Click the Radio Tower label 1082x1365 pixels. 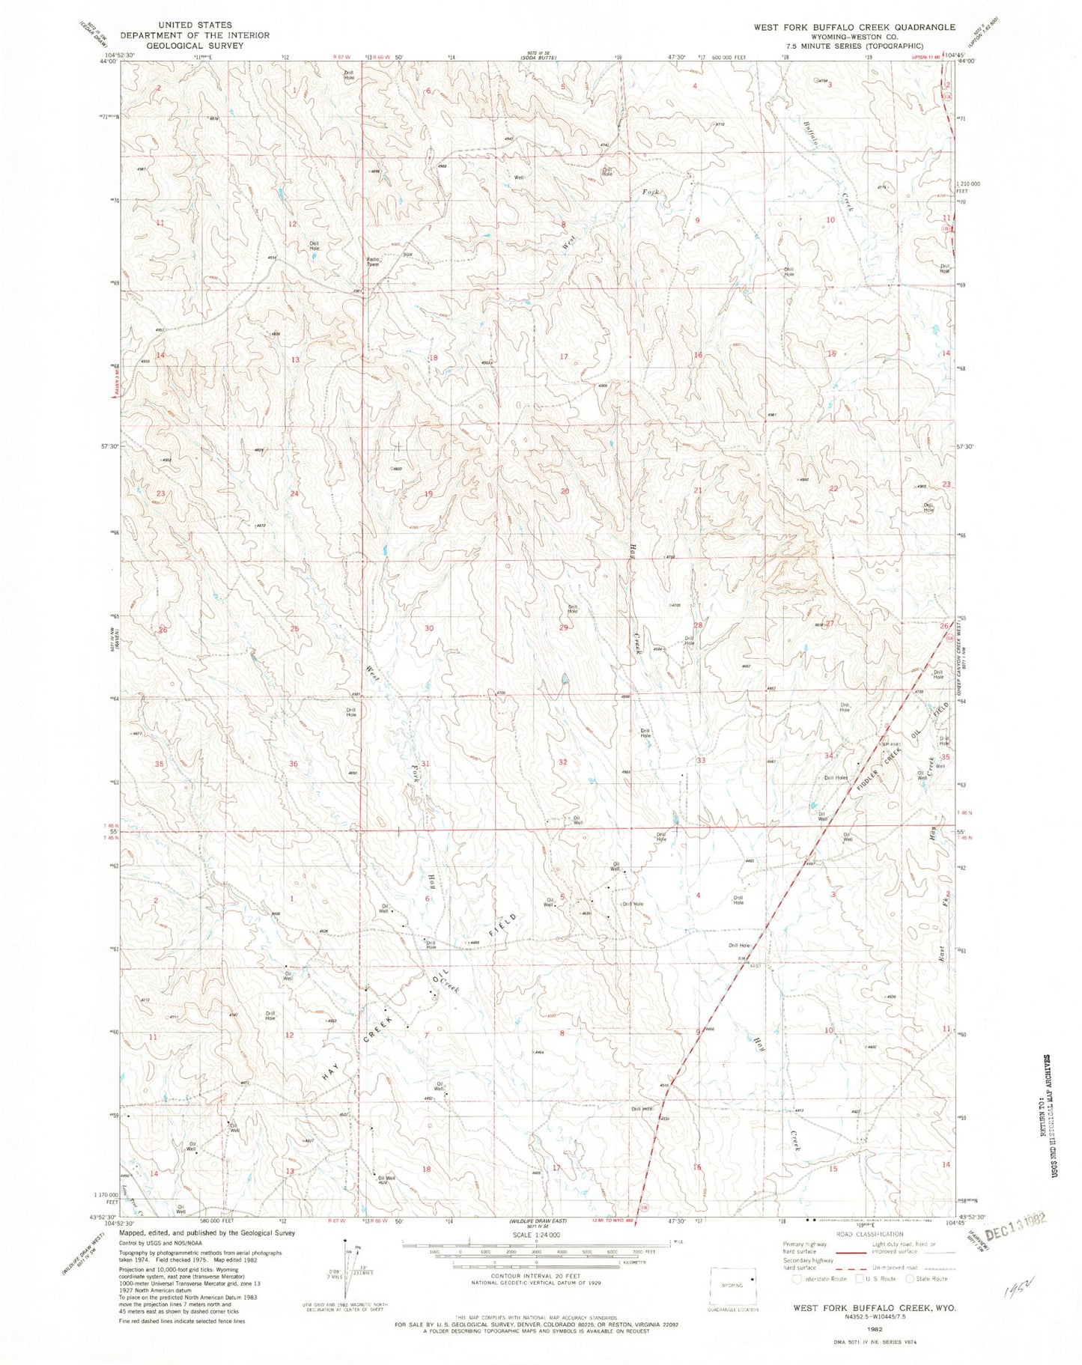click(x=372, y=261)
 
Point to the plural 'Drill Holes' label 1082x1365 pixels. click(x=836, y=777)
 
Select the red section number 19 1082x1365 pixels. click(x=428, y=493)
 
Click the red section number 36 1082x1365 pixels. click(x=294, y=764)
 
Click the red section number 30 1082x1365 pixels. click(x=429, y=628)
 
